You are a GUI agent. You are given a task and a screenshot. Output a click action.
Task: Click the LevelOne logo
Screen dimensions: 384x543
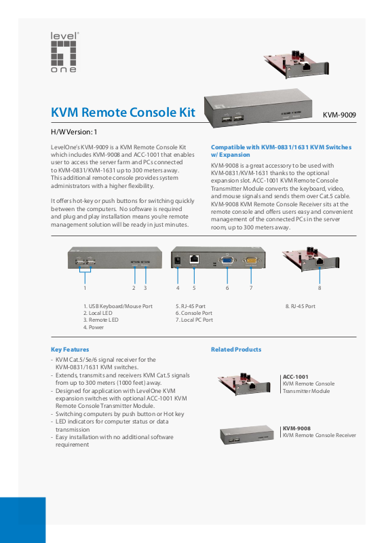tap(64, 52)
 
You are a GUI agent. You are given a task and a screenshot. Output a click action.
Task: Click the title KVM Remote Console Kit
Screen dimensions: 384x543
tap(123, 113)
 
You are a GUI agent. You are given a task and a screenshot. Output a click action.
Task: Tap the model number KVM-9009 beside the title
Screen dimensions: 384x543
tap(339, 115)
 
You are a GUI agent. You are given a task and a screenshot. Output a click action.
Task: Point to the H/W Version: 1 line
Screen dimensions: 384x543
tap(74, 132)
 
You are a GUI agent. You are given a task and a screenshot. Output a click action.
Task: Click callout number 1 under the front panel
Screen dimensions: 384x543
tap(85, 288)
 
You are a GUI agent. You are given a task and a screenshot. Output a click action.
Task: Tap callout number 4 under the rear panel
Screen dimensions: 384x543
tap(178, 288)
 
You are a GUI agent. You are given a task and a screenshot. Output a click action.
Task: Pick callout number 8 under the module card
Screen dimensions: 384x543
tap(320, 288)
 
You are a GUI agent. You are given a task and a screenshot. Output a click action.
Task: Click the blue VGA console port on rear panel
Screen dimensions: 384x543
tap(227, 261)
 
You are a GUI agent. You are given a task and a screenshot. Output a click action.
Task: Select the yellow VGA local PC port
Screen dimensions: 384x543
tap(252, 261)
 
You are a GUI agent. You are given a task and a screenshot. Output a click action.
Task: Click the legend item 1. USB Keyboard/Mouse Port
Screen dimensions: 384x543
tap(118, 306)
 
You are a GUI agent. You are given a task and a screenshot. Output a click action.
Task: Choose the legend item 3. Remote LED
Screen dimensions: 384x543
tap(101, 320)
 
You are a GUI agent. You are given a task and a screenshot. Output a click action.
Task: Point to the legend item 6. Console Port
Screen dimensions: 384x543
tap(194, 313)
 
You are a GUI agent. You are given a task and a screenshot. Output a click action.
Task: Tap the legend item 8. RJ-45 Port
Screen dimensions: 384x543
tap(300, 306)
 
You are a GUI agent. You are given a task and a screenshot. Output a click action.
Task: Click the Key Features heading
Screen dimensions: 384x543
tap(70, 350)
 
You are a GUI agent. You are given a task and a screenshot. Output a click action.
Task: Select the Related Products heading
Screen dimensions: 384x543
tap(236, 350)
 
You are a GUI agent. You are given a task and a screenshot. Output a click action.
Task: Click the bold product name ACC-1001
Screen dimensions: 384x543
tap(295, 377)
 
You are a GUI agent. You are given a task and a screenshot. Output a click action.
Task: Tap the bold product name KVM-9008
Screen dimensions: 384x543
tap(296, 428)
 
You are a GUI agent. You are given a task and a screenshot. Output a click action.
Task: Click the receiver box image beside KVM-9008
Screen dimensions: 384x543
tap(246, 434)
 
